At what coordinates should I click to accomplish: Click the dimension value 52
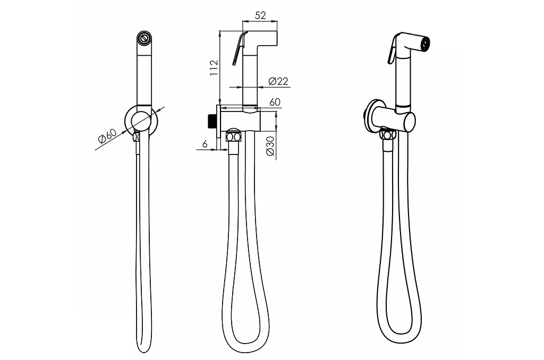click(x=260, y=15)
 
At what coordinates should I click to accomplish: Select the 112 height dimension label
click(x=214, y=67)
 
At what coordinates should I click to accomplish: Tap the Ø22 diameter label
click(x=278, y=81)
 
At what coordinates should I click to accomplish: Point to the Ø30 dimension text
click(x=270, y=145)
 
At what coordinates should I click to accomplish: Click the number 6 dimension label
click(x=205, y=143)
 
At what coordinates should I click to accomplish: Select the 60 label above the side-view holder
click(x=275, y=102)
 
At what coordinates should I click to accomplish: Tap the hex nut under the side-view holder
click(x=233, y=136)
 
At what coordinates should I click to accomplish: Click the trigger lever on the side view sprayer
click(x=240, y=48)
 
